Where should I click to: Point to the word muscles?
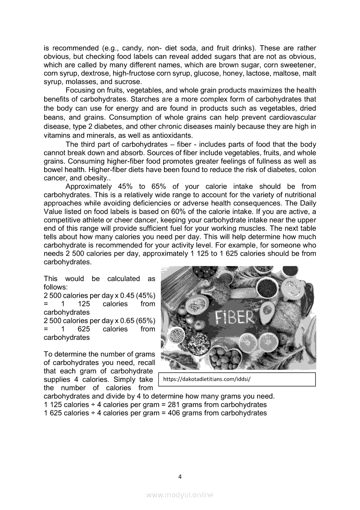point(251,229)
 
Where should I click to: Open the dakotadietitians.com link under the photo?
point(206,380)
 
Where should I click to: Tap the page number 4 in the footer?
point(180,477)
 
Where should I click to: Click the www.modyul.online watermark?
point(180,495)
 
